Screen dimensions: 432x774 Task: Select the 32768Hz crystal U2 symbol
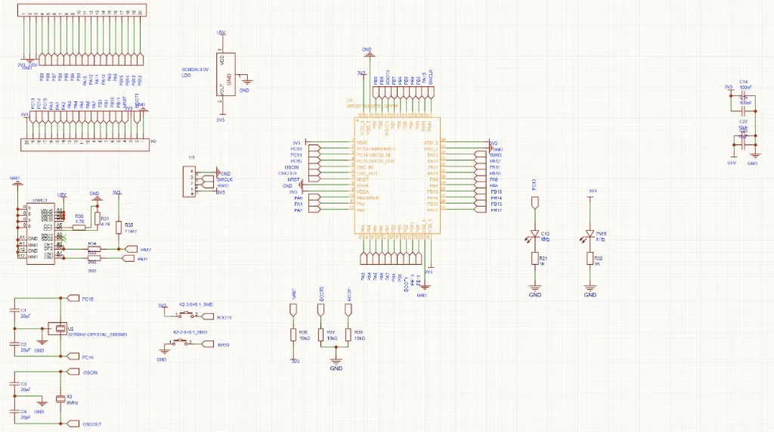pos(59,328)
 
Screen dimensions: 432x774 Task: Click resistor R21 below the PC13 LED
pos(534,260)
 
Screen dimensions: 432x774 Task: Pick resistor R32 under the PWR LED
pos(590,260)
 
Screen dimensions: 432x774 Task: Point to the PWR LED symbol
pos(590,235)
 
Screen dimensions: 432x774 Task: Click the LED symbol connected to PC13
pos(534,235)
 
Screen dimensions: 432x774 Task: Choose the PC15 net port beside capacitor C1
pos(73,298)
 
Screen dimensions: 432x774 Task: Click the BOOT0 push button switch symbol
pos(187,314)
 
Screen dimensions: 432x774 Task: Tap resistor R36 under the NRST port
pos(294,334)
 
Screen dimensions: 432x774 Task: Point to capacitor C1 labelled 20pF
pos(14,309)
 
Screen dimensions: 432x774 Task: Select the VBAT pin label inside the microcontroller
pos(363,143)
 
